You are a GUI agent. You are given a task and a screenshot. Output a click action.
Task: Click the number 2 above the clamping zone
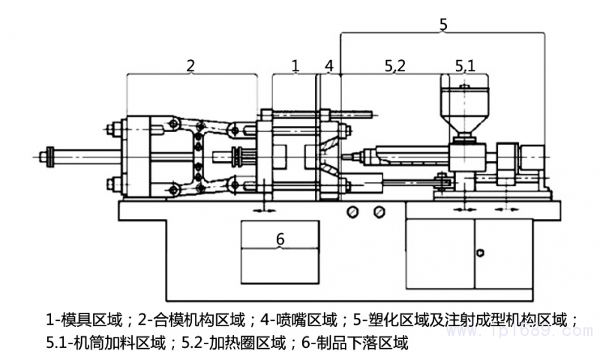click(x=190, y=65)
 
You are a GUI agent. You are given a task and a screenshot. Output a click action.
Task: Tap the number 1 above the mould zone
click(x=295, y=65)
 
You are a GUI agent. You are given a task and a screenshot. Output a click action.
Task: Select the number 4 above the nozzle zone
click(x=328, y=65)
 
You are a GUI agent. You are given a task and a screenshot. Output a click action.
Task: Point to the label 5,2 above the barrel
click(x=395, y=66)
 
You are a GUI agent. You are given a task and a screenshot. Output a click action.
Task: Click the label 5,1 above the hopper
click(x=465, y=66)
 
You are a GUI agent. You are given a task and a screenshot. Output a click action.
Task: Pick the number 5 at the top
click(x=443, y=24)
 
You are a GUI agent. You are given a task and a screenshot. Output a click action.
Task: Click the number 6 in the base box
click(x=280, y=239)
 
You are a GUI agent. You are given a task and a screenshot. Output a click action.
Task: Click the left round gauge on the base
click(x=352, y=213)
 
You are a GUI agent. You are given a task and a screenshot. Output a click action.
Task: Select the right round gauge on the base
click(x=379, y=213)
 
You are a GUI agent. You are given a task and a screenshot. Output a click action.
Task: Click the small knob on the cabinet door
click(x=481, y=252)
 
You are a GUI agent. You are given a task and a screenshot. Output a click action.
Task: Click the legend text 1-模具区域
click(x=83, y=319)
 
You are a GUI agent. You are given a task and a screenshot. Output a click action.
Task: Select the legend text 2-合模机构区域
click(x=191, y=319)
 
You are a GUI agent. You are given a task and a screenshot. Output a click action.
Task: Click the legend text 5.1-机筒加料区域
click(x=105, y=343)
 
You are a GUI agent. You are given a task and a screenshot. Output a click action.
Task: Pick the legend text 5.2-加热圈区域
click(x=232, y=343)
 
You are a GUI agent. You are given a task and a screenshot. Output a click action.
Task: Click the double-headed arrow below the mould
click(x=264, y=211)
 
